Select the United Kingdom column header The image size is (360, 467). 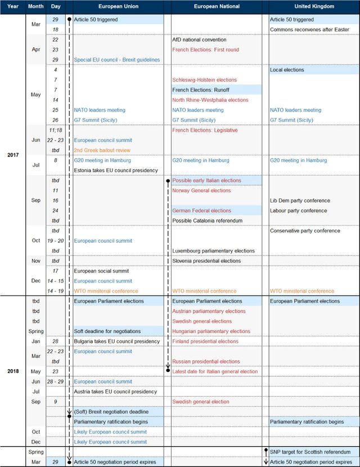click(314, 7)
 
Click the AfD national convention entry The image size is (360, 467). click(199, 40)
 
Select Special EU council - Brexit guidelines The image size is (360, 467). click(116, 60)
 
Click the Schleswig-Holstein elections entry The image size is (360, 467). click(204, 80)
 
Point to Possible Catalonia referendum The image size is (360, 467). click(207, 221)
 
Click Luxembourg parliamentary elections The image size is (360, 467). click(213, 251)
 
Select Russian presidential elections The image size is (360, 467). click(206, 361)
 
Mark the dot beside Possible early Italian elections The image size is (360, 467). click(168, 181)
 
